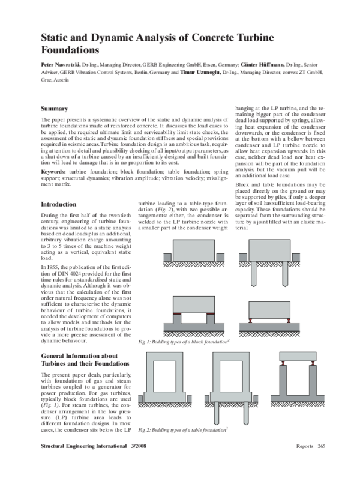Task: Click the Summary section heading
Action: (53, 109)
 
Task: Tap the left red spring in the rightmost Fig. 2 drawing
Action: (283, 363)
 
